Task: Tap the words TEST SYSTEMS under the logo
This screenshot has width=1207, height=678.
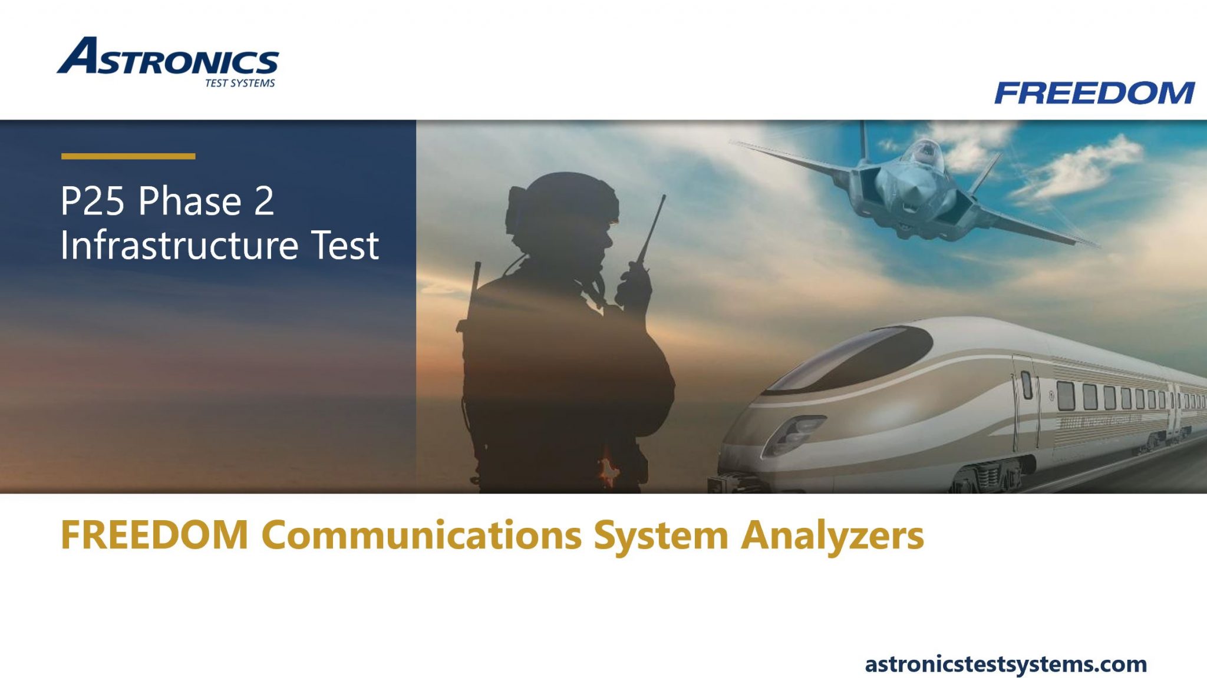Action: point(240,84)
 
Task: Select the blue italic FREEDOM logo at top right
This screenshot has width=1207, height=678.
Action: point(1094,93)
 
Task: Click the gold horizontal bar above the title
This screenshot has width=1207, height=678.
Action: point(128,156)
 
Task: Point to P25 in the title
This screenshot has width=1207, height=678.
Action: point(93,201)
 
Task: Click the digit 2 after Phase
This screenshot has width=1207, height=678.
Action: point(264,201)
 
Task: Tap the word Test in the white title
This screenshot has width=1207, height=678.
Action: point(345,246)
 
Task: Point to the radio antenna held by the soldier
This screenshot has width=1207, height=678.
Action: point(653,230)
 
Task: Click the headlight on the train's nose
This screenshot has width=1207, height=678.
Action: point(793,433)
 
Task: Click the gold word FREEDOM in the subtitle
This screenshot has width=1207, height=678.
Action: point(154,535)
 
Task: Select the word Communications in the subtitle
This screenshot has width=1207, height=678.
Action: point(421,535)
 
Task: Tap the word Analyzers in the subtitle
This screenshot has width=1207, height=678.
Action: point(832,535)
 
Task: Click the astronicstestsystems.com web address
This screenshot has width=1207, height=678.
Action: point(1005,664)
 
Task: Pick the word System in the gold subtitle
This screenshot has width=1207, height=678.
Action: point(661,535)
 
